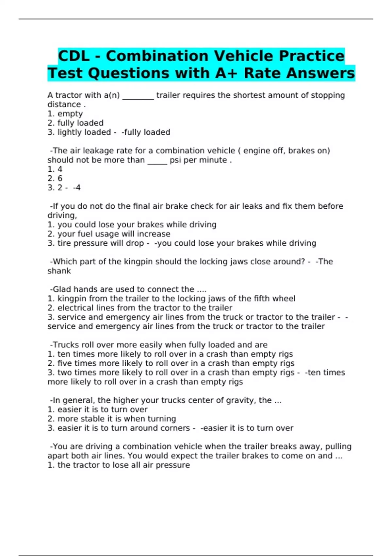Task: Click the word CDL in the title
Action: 74,56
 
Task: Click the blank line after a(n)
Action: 138,97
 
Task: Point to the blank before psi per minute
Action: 157,162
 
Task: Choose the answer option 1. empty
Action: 65,114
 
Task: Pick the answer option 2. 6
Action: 55,179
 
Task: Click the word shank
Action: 59,271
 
